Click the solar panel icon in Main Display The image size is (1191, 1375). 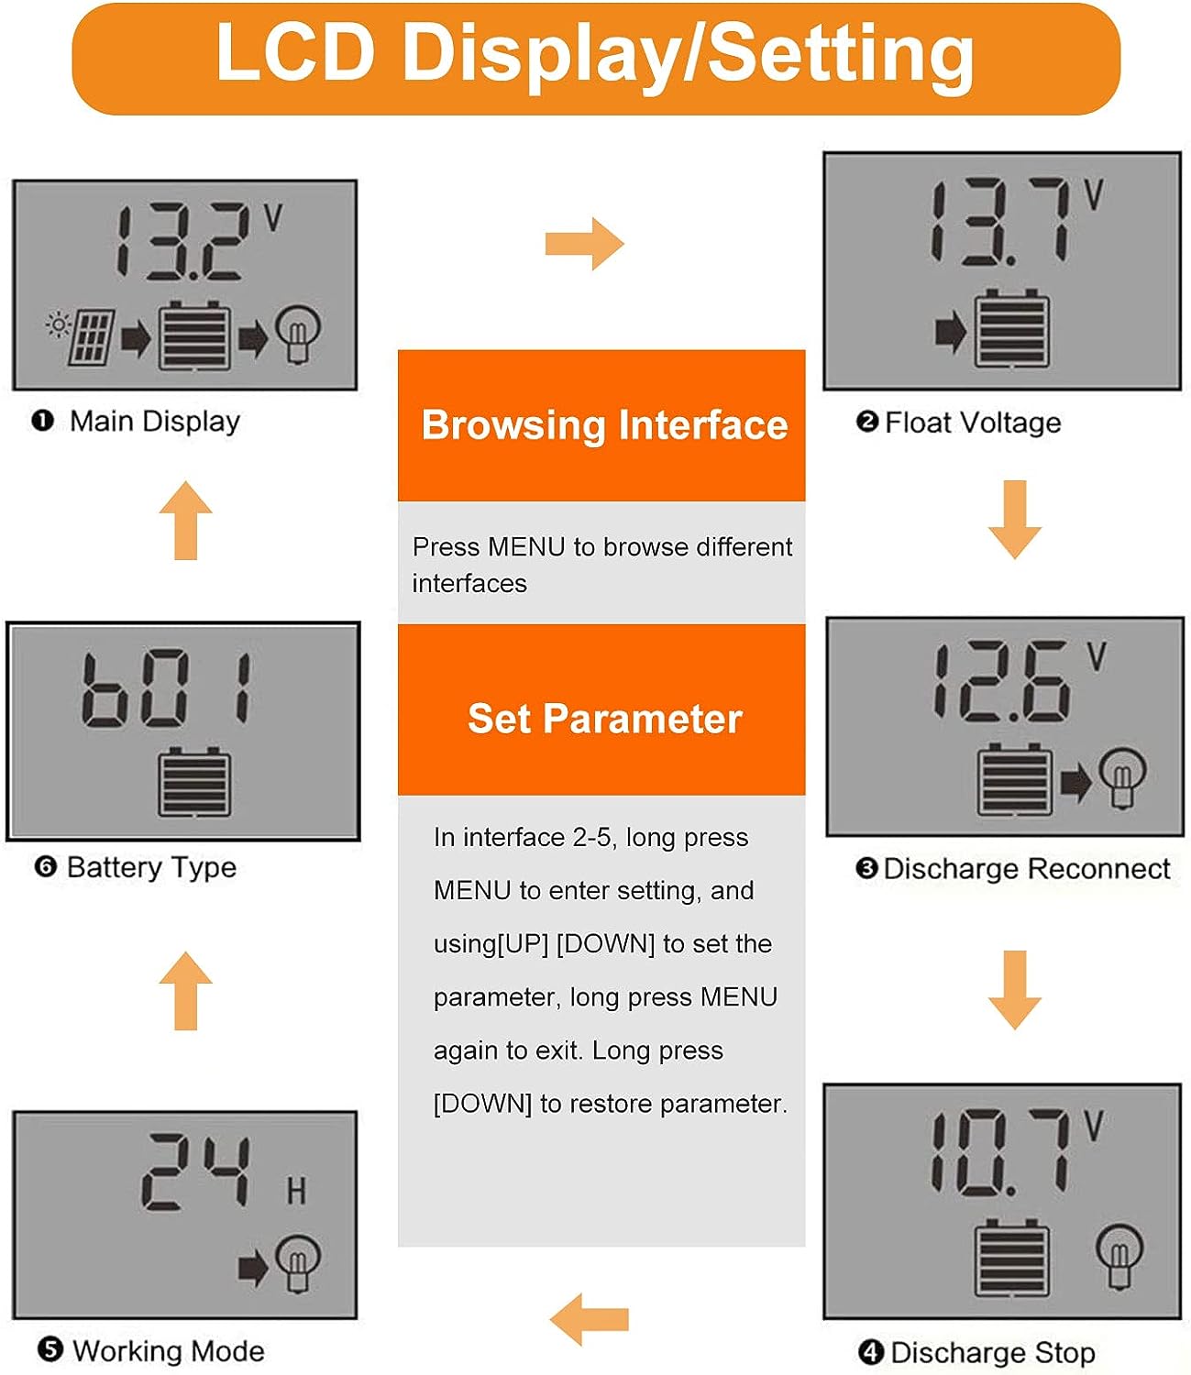pos(91,336)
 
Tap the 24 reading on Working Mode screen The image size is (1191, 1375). pos(196,1172)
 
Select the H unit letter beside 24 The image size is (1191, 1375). pos(295,1192)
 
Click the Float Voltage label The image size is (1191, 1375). pos(972,423)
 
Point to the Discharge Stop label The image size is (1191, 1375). pos(992,1352)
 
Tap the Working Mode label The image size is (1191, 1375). pos(168,1350)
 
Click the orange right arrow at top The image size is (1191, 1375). pos(584,244)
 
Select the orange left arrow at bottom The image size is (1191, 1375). pos(590,1319)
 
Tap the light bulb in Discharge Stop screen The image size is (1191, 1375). pos(1119,1254)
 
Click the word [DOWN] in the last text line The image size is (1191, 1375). pos(482,1104)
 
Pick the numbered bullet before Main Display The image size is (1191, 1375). pos(42,421)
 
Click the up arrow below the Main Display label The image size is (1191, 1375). pos(186,521)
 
